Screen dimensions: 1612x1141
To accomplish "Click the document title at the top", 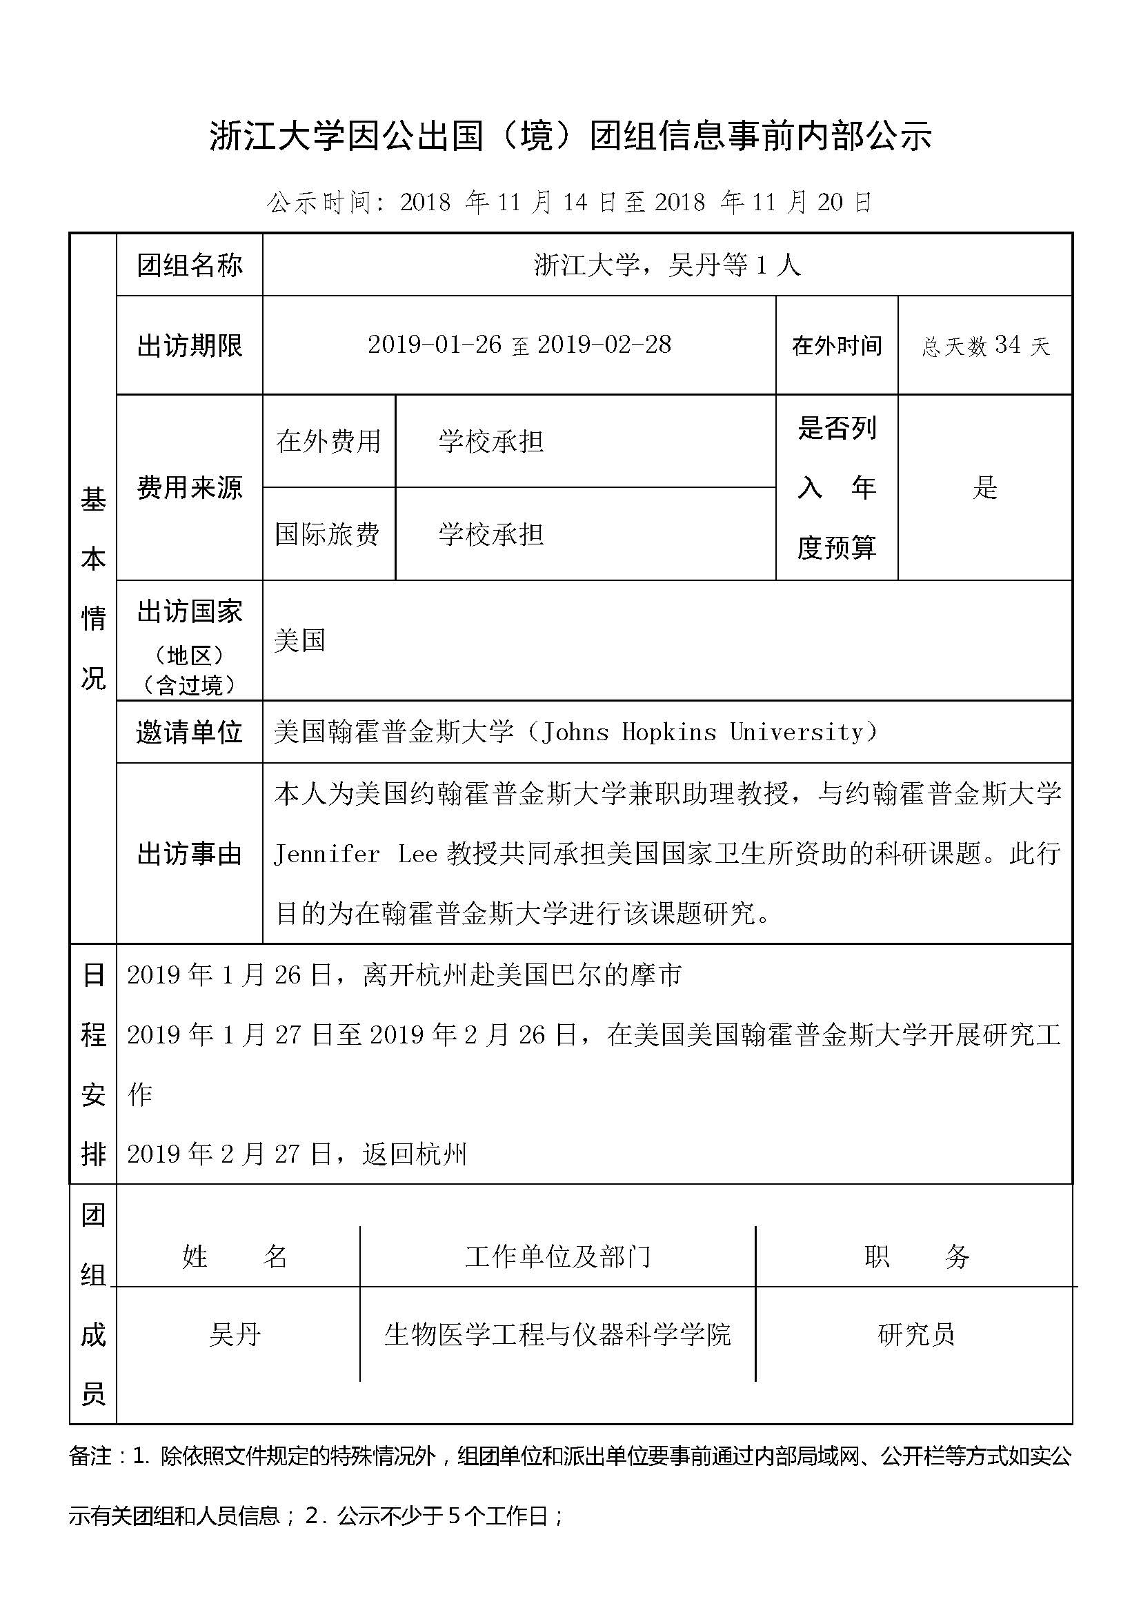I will pos(570,136).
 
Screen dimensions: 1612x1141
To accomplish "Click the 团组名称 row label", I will pos(189,265).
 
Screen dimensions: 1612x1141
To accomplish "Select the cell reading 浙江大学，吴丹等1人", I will pos(667,265).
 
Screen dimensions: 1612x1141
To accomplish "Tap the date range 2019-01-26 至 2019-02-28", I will pos(519,345).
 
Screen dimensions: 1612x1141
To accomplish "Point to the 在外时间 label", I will pos(836,345).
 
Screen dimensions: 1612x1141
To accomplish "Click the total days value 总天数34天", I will pos(984,345).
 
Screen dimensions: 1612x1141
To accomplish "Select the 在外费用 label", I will pos(328,441).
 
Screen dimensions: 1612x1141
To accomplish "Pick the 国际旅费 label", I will pos(328,534).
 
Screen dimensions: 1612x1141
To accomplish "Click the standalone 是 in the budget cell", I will pos(984,487).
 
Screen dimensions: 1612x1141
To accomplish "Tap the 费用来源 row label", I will pos(189,487).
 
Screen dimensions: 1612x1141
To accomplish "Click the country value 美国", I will pos(299,640).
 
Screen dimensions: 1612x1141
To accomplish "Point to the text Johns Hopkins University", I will pos(708,733).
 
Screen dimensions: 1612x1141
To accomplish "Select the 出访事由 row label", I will pos(189,854).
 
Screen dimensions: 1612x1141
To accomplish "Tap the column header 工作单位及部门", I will pos(557,1257).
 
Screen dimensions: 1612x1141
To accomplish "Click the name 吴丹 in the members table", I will pos(235,1335).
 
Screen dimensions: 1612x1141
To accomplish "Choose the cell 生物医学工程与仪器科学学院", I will pos(557,1335).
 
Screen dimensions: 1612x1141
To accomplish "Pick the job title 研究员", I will pos(916,1335).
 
